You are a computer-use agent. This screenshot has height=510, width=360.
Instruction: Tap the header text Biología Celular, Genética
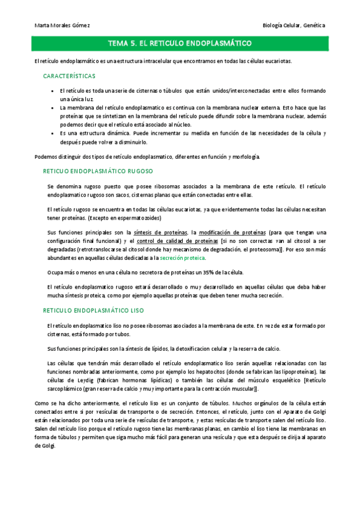tap(294, 25)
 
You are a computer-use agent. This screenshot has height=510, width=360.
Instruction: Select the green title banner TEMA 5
tap(180, 44)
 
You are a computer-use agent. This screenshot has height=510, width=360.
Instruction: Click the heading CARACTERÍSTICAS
tap(69, 76)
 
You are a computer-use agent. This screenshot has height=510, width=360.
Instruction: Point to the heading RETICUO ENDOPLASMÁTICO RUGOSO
tap(98, 171)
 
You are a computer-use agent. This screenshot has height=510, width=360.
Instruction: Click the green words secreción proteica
tap(182, 257)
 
